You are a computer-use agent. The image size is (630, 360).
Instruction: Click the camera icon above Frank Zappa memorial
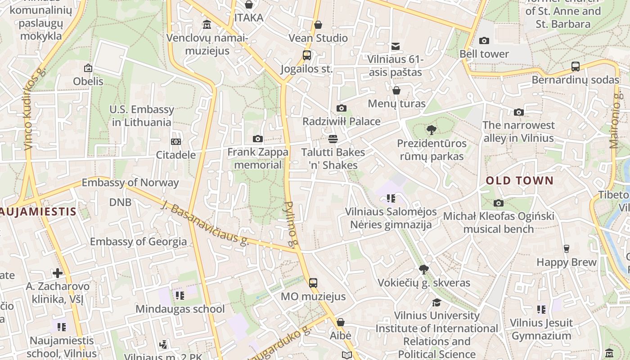point(257,139)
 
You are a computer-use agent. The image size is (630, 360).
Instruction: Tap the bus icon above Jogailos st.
point(306,55)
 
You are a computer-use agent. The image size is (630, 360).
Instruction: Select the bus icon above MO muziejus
point(313,283)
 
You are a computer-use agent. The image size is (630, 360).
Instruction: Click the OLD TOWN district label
point(519,181)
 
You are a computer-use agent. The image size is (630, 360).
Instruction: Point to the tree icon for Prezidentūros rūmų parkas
point(431,130)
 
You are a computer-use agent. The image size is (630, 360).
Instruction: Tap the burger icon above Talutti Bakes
point(333,139)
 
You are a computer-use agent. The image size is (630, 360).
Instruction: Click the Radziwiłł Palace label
point(341,121)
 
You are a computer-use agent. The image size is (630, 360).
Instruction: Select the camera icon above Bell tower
point(484,41)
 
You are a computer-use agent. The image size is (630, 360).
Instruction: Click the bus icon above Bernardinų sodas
point(575,67)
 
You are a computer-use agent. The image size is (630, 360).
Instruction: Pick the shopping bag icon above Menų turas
point(396,90)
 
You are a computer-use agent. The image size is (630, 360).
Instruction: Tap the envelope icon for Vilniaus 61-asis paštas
point(395,46)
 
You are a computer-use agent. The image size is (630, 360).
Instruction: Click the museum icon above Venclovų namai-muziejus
point(207,24)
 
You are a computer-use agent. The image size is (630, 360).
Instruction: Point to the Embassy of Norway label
point(130,183)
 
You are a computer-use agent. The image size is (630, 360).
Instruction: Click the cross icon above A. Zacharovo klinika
point(58,273)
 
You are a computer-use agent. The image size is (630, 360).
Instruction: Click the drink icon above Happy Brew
point(566,249)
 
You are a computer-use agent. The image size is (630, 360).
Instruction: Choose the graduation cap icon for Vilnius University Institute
point(436,302)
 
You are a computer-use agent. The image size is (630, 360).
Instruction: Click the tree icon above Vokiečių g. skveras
point(423,270)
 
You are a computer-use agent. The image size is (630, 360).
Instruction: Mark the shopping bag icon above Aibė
point(340,322)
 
